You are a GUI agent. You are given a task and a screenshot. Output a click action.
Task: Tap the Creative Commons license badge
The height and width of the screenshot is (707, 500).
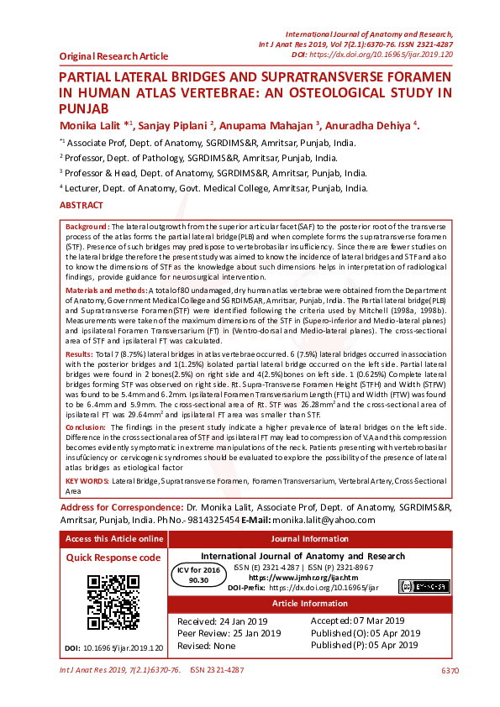point(417,586)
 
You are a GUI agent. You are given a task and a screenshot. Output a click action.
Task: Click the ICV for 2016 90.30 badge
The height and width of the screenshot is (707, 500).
point(198,574)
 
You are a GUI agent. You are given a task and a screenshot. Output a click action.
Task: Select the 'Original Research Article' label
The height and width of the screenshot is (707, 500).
point(113,56)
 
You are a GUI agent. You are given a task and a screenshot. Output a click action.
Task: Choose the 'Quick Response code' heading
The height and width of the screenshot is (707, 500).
point(113,558)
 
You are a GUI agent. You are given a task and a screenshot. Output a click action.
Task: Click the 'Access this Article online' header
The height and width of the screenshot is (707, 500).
point(114,539)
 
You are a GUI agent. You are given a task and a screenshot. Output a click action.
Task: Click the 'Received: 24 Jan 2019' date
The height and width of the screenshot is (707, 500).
point(222,621)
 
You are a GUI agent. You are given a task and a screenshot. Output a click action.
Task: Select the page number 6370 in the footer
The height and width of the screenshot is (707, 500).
point(450,670)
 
